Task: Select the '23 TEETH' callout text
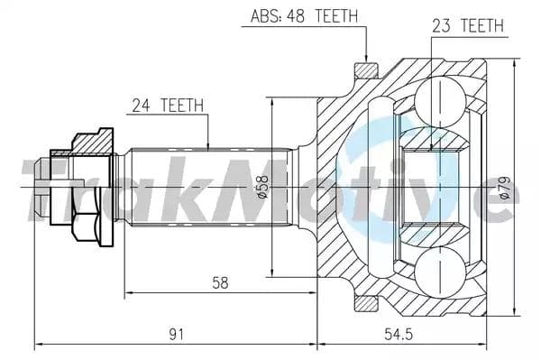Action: (467, 26)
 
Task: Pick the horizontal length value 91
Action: (176, 334)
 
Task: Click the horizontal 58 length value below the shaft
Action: (219, 282)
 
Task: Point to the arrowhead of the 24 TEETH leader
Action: (208, 146)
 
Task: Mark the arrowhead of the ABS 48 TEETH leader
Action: (364, 60)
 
